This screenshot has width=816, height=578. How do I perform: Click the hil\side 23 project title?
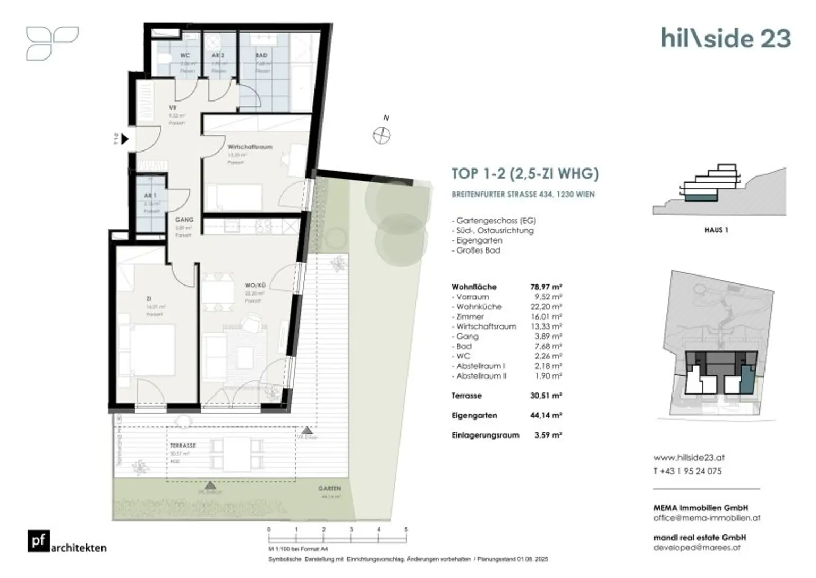[x=726, y=38]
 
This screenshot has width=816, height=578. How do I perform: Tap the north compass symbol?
[x=381, y=136]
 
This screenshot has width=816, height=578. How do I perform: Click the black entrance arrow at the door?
[x=125, y=139]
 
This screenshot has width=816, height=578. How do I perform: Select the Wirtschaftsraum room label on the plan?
[x=250, y=147]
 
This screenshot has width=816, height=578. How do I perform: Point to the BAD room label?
[x=261, y=55]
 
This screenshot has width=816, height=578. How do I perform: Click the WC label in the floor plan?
[x=185, y=55]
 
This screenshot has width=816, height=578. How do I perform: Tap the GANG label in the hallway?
[x=184, y=220]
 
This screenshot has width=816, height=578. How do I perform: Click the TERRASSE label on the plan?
[x=183, y=446]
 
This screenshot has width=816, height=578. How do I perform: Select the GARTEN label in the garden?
[x=329, y=488]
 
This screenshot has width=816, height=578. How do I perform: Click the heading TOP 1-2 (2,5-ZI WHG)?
[x=525, y=174]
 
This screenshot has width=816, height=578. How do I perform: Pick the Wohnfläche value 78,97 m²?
[x=546, y=287]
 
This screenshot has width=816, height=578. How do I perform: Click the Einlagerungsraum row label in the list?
[x=485, y=435]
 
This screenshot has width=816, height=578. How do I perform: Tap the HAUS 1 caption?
[x=716, y=230]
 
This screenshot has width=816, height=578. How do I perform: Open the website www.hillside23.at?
[x=688, y=457]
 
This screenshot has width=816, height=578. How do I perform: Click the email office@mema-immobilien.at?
[x=707, y=517]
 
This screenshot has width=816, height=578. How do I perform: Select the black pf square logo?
[x=39, y=541]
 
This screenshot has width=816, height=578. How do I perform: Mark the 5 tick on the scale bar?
[x=406, y=530]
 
